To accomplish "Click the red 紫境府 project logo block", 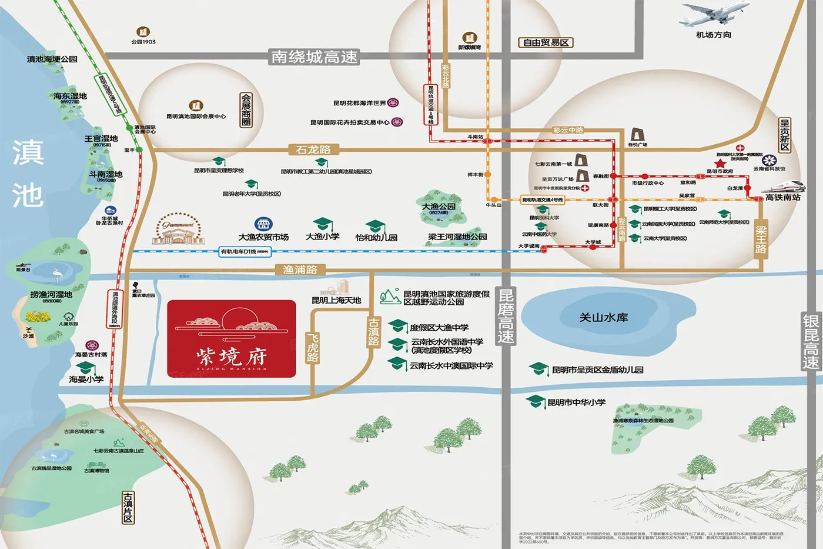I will point(231,338).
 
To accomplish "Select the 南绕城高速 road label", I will point(314,57).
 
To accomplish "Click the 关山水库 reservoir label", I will point(603,318).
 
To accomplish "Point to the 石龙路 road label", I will point(313,149).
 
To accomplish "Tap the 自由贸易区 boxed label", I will point(546,42).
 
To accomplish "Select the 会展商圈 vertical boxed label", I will point(246,109).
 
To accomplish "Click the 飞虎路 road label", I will point(313,347).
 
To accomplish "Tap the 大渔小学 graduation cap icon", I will point(323,224).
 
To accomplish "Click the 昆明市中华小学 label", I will point(576,402).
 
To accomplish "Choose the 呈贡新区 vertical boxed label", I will point(784,135).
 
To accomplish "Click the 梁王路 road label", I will point(761,239).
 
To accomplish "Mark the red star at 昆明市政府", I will point(720,163).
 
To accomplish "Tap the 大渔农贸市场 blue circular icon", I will point(263,224).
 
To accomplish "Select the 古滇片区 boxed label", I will point(128,507).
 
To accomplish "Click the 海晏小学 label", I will point(86,380).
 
